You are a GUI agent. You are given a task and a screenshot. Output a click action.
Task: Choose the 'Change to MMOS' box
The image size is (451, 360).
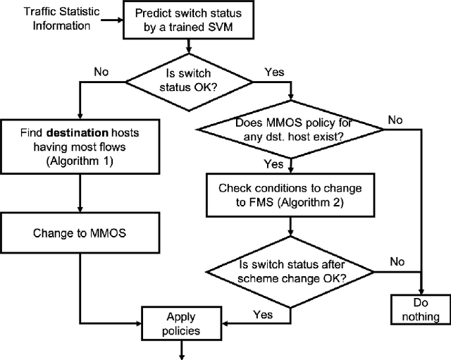point(81,231)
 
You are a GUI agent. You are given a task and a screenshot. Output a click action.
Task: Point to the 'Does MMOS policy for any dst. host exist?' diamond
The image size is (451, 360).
point(290,130)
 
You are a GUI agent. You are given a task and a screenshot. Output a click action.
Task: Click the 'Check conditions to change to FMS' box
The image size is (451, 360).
point(290,194)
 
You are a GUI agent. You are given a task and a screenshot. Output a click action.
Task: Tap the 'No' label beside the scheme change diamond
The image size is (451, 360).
point(397,261)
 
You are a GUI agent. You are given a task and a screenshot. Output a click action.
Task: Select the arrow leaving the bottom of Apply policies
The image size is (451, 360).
point(183,348)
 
